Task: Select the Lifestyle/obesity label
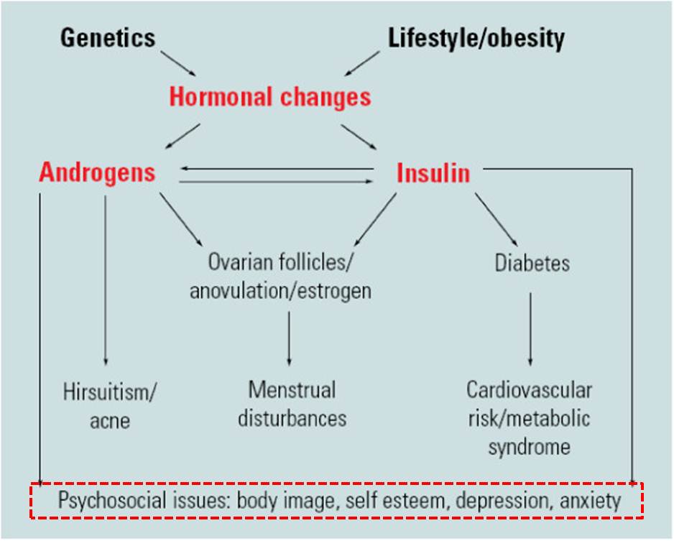tap(476, 37)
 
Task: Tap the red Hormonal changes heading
tap(270, 96)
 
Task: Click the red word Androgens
tap(97, 172)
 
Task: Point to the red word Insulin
tap(433, 172)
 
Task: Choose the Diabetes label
tap(532, 263)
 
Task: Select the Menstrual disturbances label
tap(292, 404)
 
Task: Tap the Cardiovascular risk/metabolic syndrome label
tap(530, 418)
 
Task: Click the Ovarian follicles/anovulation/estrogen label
tap(280, 277)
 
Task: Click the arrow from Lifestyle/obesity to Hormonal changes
tap(362, 63)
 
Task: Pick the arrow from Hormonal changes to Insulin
tap(359, 136)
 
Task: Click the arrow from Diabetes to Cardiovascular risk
tap(531, 328)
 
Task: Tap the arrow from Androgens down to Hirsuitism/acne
tap(106, 280)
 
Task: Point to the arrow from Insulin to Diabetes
tap(495, 220)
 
